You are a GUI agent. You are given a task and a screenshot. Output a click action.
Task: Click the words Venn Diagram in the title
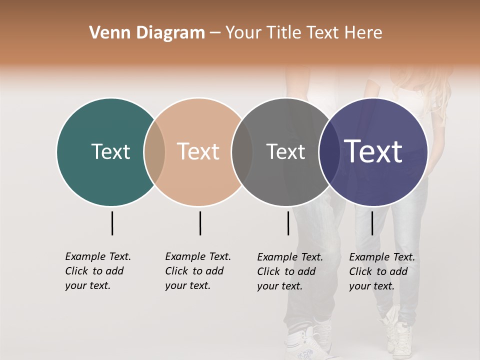coord(147,33)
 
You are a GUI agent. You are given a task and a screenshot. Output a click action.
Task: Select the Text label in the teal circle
coord(110,151)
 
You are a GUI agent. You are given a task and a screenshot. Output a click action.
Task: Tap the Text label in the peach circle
coord(198,151)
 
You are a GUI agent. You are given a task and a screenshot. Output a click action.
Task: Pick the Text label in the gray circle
coord(285,151)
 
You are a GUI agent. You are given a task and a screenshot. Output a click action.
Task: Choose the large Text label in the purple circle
coord(373,151)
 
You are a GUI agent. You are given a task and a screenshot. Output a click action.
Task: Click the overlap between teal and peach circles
coord(154,152)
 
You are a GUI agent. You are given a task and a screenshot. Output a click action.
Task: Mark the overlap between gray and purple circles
coord(327,152)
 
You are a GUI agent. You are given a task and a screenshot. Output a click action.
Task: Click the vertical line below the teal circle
coord(112,223)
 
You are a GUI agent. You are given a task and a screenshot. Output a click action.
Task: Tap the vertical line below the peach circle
coord(200,223)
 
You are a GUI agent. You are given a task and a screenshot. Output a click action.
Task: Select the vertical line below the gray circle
coord(288,223)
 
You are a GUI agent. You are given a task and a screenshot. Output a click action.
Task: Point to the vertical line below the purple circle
coord(372,223)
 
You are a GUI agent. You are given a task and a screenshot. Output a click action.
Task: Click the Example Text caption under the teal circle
coord(98,271)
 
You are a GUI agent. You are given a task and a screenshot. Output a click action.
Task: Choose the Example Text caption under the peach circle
coord(198,271)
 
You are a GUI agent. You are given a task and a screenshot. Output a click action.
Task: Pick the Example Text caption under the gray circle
coord(290,271)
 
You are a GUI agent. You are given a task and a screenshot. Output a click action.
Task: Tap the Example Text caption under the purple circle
coord(382,271)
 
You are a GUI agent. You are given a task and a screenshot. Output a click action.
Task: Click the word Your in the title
coord(242,33)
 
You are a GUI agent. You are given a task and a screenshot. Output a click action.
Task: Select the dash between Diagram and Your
coord(214,33)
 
